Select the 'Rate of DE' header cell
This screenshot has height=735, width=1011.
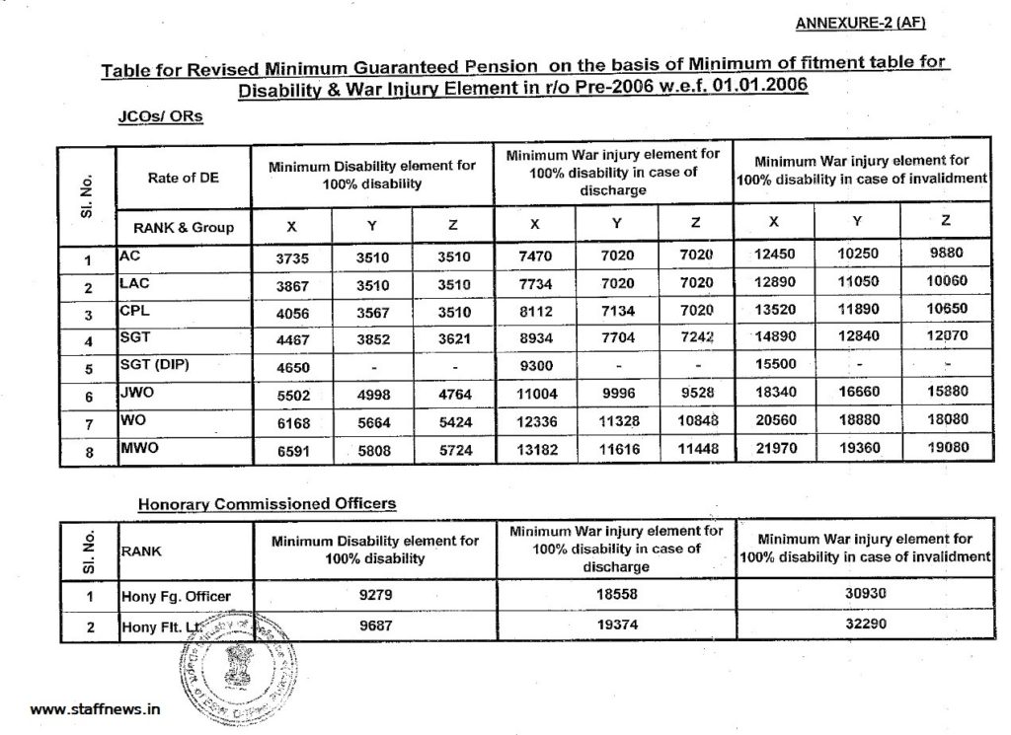coord(184,178)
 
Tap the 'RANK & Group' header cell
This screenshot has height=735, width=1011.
coord(184,227)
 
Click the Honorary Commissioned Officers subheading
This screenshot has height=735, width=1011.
coord(267,503)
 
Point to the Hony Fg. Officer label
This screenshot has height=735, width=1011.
coord(175,597)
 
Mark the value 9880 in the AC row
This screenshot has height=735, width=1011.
coord(946,254)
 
